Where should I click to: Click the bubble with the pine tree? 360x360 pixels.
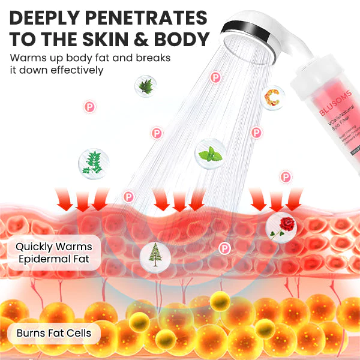click(154, 254)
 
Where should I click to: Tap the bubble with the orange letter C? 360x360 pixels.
click(273, 96)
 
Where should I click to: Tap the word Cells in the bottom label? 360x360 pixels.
click(80, 332)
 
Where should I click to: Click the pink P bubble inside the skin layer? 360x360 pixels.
click(225, 247)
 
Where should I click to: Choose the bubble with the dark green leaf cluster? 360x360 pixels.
click(144, 86)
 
